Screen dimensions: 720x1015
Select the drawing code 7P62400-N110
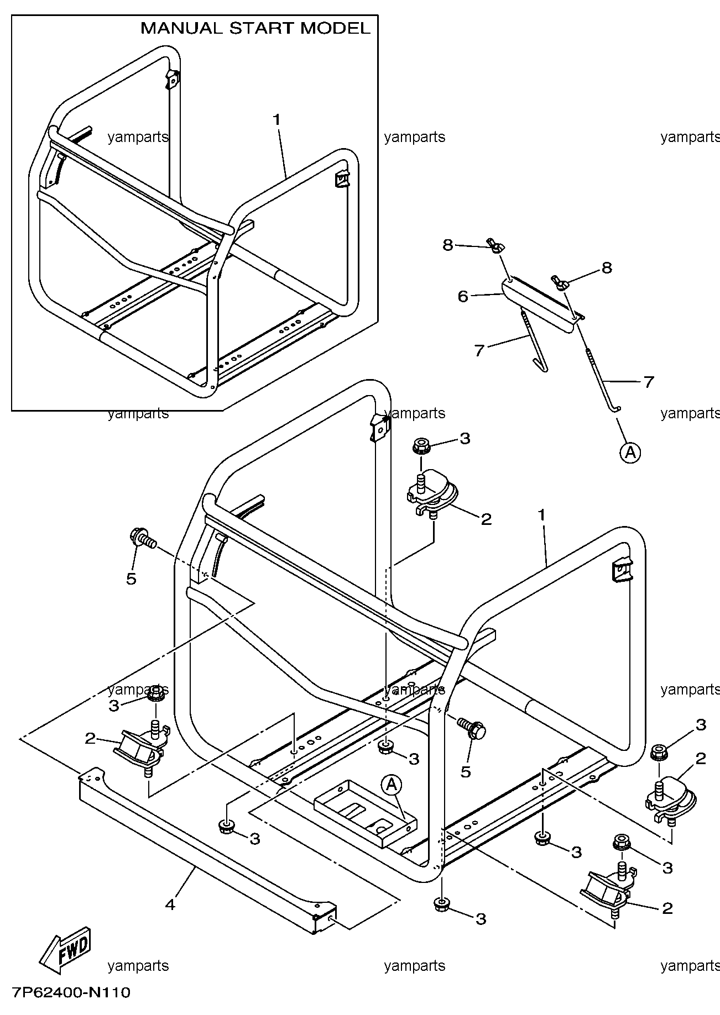click(70, 992)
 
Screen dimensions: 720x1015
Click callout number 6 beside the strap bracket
click(463, 297)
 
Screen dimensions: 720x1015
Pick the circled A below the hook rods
click(630, 453)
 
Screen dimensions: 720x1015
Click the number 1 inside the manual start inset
click(276, 119)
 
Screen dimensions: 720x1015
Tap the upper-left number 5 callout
click(131, 579)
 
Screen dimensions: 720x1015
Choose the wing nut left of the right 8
click(559, 282)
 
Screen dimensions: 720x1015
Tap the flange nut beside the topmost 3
click(422, 445)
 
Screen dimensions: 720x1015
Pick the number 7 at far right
click(649, 382)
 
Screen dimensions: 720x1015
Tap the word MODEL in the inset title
click(335, 29)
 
